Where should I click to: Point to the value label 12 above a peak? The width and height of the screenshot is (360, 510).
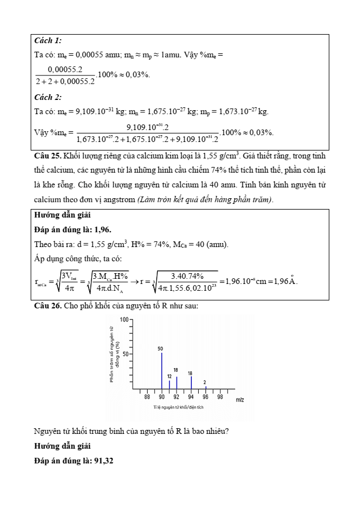[169, 376]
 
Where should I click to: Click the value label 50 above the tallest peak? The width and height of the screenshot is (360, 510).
[161, 348]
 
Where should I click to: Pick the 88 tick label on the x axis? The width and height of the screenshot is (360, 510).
[147, 397]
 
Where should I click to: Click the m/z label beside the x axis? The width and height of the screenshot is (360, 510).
[240, 399]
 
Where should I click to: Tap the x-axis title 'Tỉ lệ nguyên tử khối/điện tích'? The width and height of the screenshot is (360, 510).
[178, 407]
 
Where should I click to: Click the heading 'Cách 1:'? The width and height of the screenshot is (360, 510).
[48, 41]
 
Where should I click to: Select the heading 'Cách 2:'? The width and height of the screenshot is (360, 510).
[48, 97]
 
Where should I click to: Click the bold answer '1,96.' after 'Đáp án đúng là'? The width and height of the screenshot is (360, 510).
[102, 229]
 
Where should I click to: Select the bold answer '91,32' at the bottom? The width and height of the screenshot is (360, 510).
[102, 460]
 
